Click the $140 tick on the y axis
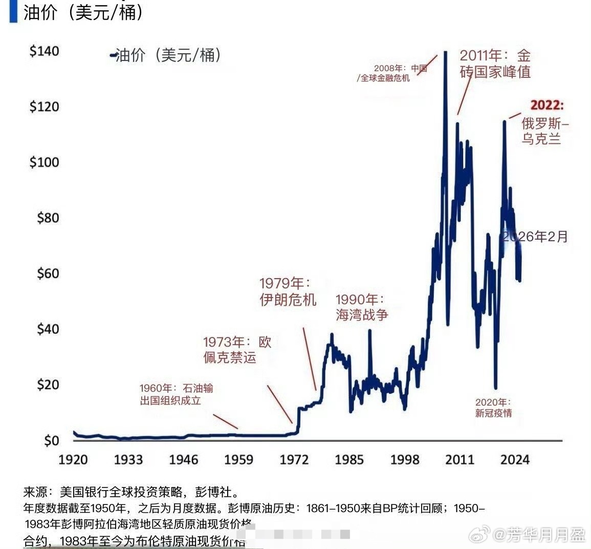click(45, 51)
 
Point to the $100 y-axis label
click(45, 162)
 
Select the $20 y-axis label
click(48, 384)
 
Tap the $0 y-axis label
click(51, 440)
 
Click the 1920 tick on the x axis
click(73, 459)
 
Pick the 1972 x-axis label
click(294, 459)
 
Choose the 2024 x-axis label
click(515, 459)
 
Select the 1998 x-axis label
click(404, 459)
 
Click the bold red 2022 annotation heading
click(546, 105)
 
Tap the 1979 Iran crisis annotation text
click(288, 291)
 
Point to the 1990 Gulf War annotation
click(362, 307)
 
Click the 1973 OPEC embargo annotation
click(237, 349)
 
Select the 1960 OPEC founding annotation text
click(177, 394)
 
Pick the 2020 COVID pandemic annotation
click(493, 408)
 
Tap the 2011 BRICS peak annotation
click(495, 64)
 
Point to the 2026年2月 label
click(535, 236)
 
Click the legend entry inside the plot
click(166, 55)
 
